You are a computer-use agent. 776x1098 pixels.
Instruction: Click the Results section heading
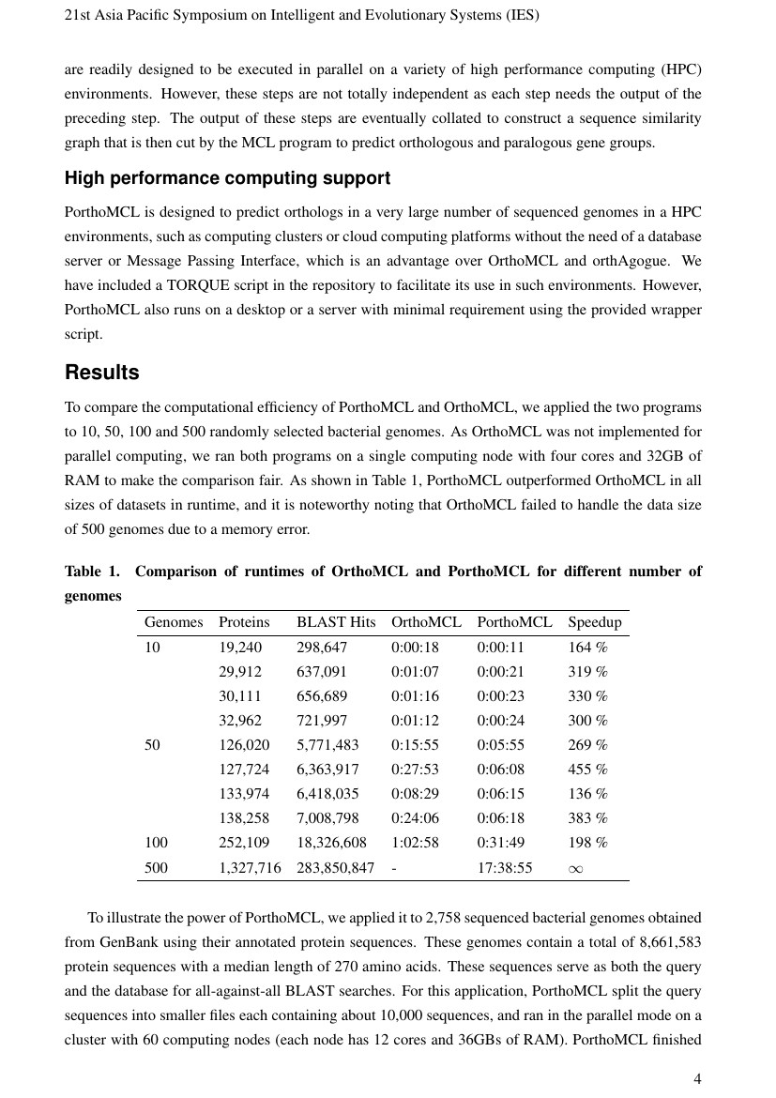pos(101,373)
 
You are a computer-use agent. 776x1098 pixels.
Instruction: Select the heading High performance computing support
pos(227,178)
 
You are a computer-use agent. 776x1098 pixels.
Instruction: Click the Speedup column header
pos(594,622)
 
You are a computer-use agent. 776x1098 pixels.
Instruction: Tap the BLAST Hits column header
pos(335,622)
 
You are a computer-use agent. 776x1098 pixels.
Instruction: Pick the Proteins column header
pos(244,622)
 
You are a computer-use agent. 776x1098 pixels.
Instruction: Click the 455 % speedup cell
pos(587,770)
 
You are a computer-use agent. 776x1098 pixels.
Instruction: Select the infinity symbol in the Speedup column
pos(576,868)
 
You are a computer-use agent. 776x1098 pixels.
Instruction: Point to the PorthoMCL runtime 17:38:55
pos(504,868)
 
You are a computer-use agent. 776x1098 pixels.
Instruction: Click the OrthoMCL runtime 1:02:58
pos(415,843)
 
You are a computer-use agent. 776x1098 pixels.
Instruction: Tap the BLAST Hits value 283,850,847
pos(335,868)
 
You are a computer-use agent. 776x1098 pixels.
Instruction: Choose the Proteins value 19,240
pos(240,648)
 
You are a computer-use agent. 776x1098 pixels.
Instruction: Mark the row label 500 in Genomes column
pos(156,868)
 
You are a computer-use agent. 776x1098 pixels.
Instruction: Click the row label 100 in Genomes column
pos(156,843)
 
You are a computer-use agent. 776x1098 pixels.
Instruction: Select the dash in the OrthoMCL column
pos(394,868)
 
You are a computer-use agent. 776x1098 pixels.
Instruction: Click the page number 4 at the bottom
pos(696,1079)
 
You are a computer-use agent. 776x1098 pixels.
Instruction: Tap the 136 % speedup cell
pos(587,794)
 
